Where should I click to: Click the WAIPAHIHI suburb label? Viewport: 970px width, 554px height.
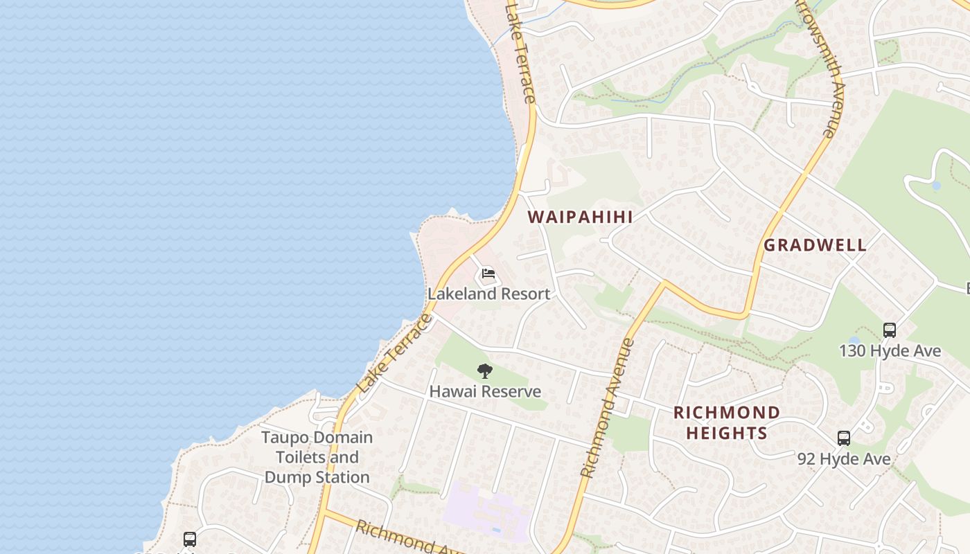(x=580, y=217)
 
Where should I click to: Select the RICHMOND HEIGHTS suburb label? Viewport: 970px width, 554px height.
(x=726, y=423)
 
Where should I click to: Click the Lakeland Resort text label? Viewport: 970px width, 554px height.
(x=488, y=294)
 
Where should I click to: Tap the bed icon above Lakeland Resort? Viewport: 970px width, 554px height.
(x=488, y=274)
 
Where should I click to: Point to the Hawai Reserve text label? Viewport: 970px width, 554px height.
(x=485, y=391)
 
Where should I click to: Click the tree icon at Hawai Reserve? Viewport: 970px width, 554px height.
(x=485, y=371)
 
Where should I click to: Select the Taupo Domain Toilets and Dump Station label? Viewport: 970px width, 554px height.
(x=317, y=457)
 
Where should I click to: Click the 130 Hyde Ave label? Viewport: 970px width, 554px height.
(x=890, y=351)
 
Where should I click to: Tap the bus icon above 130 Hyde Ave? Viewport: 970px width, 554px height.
(x=890, y=330)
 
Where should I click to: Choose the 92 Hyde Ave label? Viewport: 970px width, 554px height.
(x=843, y=458)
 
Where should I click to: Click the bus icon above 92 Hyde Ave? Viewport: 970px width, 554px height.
(x=843, y=438)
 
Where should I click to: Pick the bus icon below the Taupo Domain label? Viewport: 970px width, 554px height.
(x=189, y=539)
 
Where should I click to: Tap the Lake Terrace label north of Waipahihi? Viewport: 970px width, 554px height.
(x=520, y=52)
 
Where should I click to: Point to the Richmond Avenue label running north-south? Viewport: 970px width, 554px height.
(x=607, y=409)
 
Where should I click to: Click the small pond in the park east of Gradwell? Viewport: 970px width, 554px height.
(x=937, y=186)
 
